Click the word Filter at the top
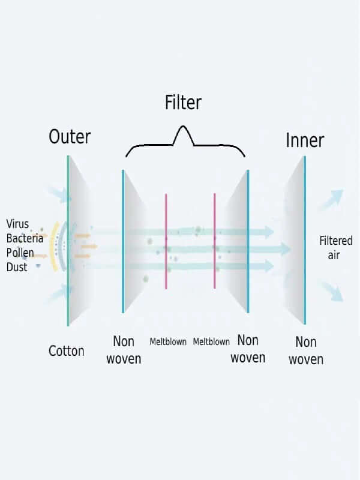(x=183, y=103)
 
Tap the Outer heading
(x=70, y=136)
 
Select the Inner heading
(x=305, y=140)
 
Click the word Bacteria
(x=25, y=238)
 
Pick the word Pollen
(x=20, y=253)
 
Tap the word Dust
(x=17, y=267)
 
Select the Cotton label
(x=67, y=351)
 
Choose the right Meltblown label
(x=211, y=342)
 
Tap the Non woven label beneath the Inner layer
(x=306, y=351)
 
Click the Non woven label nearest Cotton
(x=124, y=350)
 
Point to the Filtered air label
(x=335, y=248)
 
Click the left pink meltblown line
(x=166, y=240)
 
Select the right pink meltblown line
(x=214, y=240)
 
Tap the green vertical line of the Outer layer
(x=68, y=240)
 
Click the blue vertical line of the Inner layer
(x=305, y=240)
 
